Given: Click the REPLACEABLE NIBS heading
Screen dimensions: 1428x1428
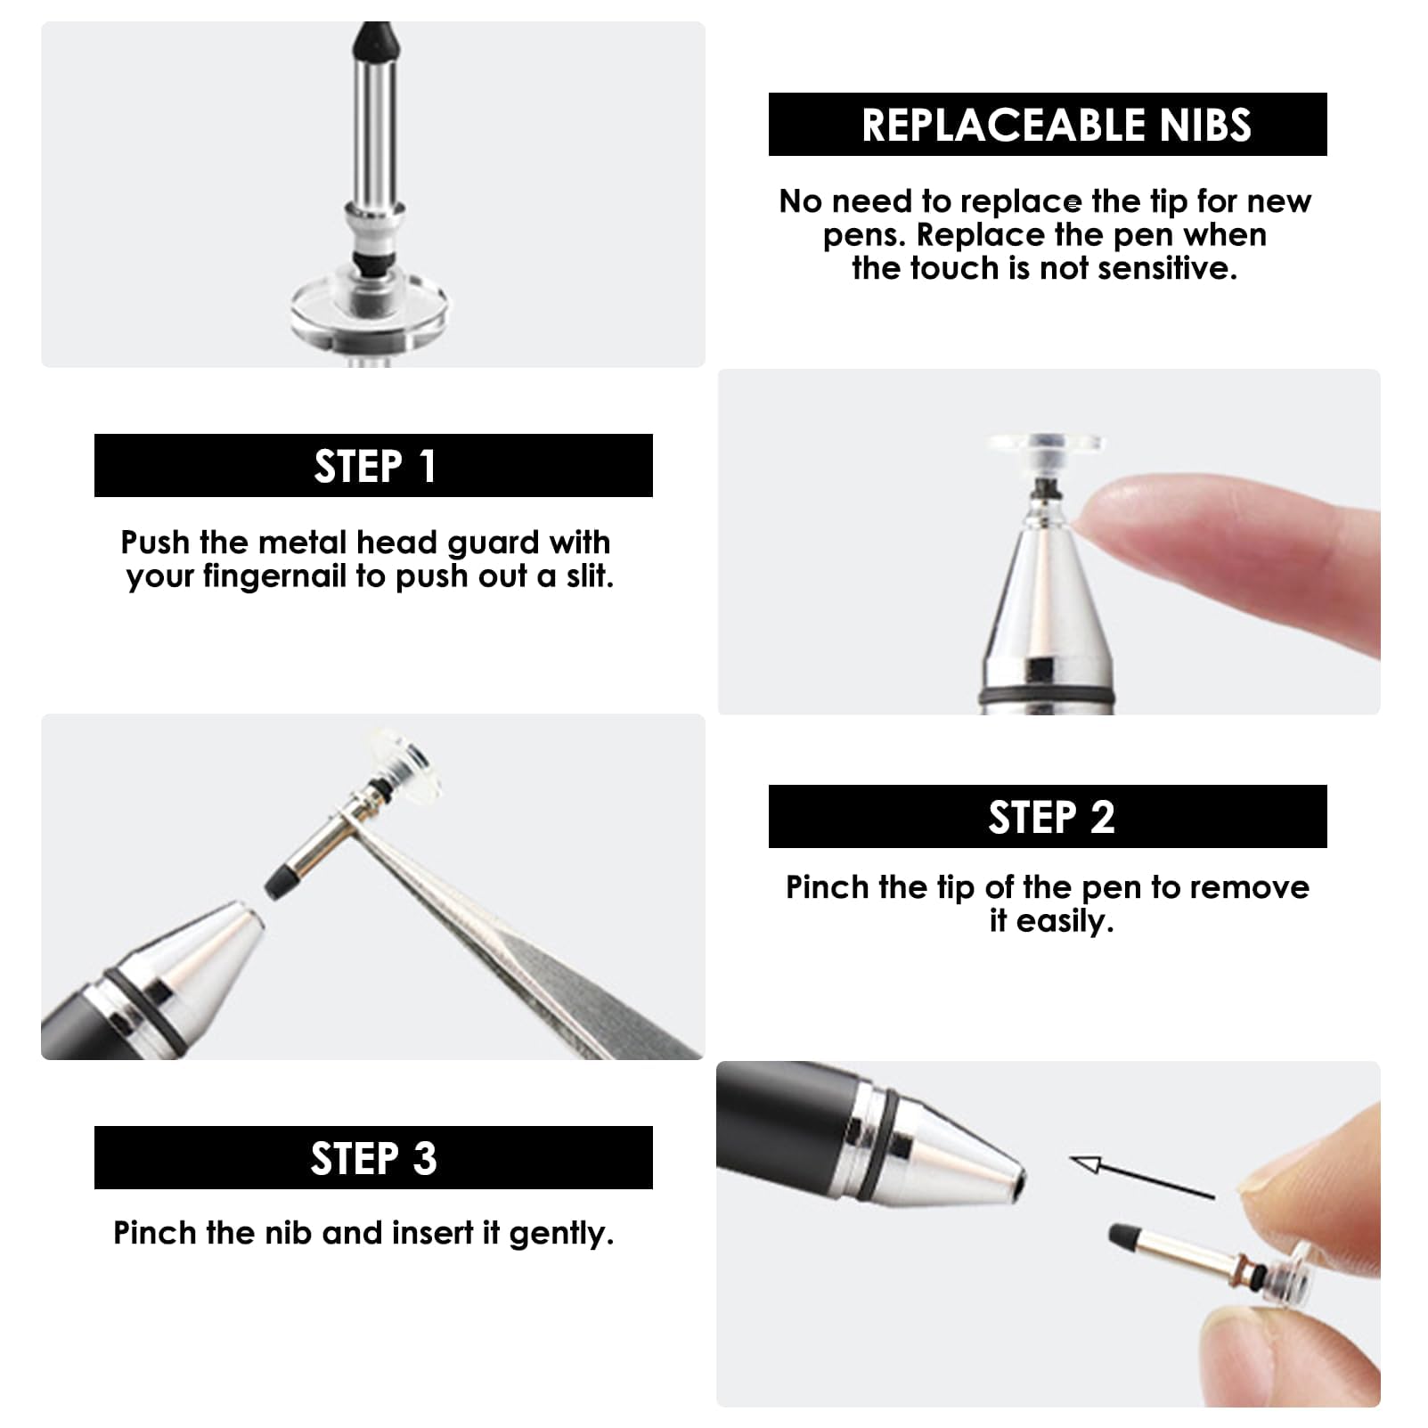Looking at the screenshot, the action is click(x=1056, y=125).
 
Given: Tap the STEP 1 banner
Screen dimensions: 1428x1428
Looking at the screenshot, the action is click(x=374, y=466).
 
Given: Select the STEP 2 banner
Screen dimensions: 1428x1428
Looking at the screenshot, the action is click(x=1048, y=816).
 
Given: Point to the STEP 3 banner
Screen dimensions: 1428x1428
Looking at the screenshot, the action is click(x=374, y=1158).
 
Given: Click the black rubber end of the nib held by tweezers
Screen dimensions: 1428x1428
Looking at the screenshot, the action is click(x=279, y=877).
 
